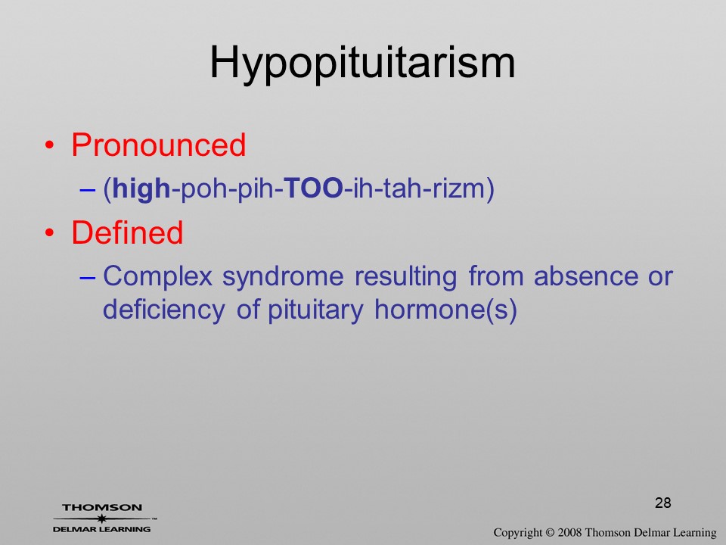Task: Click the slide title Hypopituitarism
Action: click(x=362, y=64)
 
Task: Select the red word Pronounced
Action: click(x=158, y=145)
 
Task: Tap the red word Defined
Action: click(x=127, y=232)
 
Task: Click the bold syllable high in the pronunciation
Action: click(x=141, y=189)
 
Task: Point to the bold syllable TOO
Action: click(x=313, y=188)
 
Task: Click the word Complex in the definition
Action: click(x=157, y=277)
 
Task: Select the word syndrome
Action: click(x=283, y=278)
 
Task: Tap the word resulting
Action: click(x=405, y=278)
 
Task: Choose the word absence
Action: click(x=585, y=277)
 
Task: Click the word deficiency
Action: click(x=164, y=310)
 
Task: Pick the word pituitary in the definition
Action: click(x=315, y=310)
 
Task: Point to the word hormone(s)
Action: click(x=445, y=310)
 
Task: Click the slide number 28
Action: click(x=663, y=503)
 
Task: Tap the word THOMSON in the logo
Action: click(x=102, y=507)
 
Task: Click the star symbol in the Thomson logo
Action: click(x=102, y=519)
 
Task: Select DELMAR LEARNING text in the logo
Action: click(x=102, y=529)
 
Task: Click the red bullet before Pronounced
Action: click(x=50, y=145)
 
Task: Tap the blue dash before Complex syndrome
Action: click(x=88, y=278)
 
